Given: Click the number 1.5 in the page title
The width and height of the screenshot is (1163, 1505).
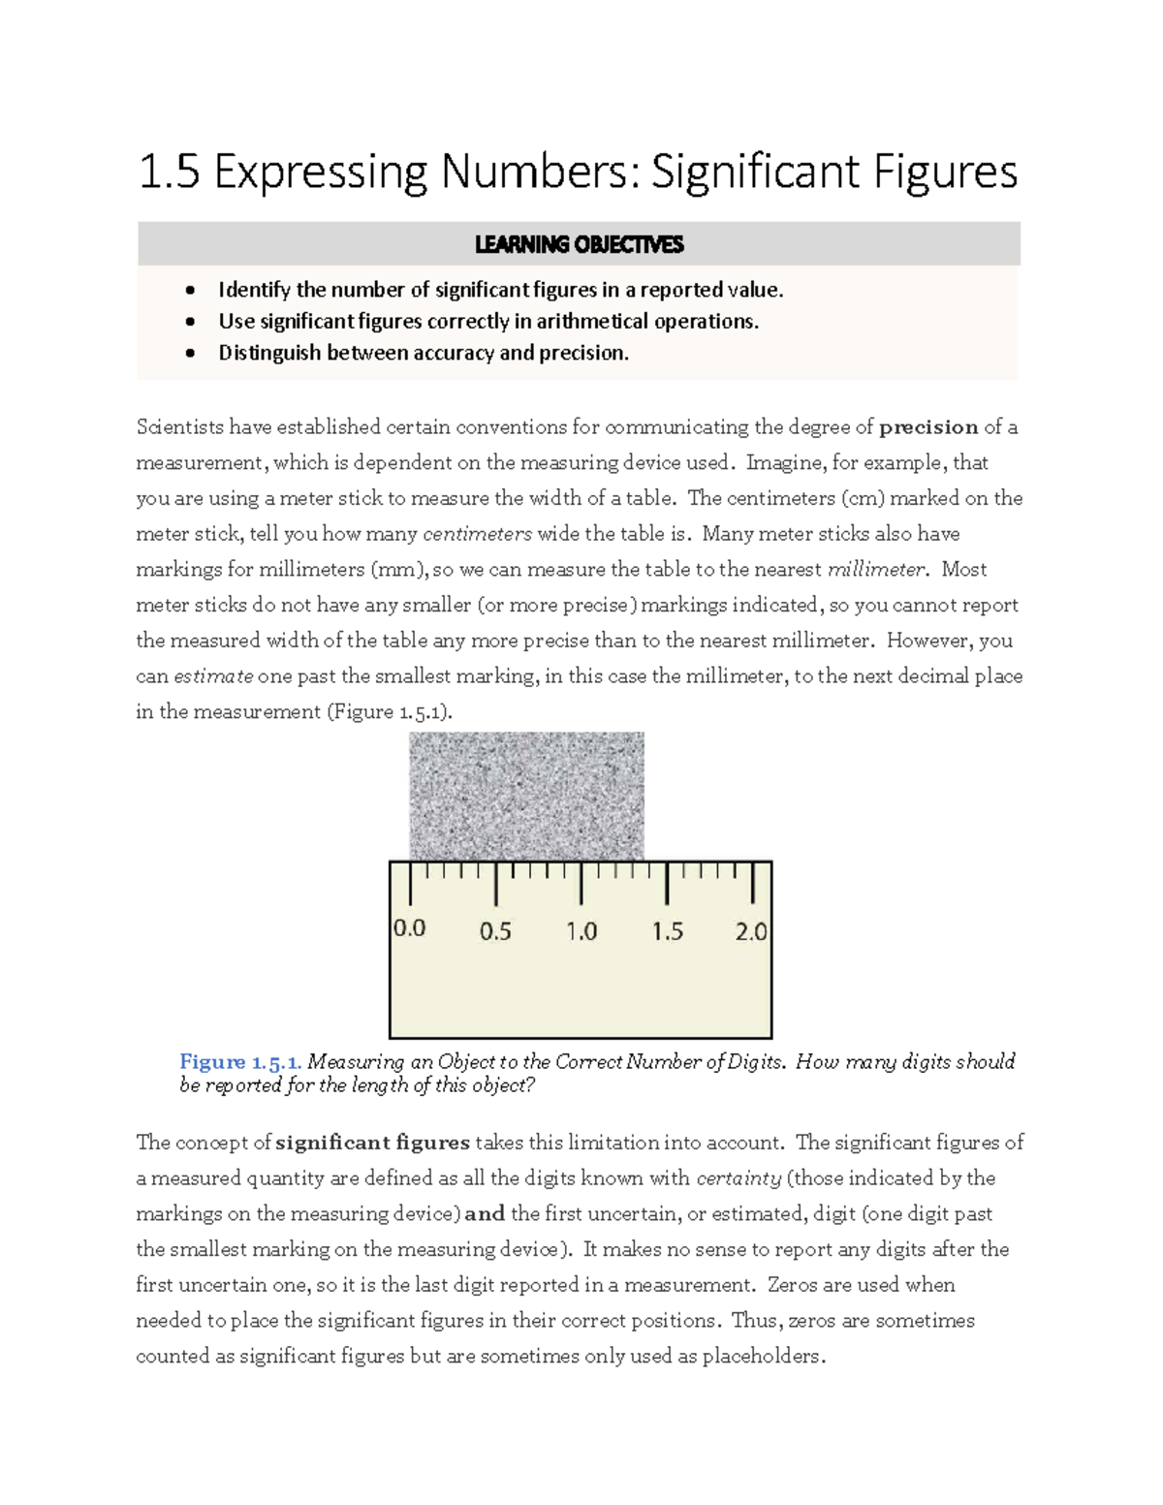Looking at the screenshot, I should coord(170,172).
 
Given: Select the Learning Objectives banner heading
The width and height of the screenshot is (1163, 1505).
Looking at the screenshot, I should coord(579,244).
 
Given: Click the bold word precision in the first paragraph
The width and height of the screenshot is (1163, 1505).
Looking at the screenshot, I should coord(928,427).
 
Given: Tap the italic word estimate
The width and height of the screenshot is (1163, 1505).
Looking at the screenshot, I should coord(213,676).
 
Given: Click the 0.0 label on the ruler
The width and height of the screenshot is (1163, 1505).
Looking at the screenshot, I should coord(409,928).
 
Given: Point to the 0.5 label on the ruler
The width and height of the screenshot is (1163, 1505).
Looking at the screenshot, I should coord(495,932).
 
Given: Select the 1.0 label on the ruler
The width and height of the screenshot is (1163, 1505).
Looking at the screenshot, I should coord(581,932).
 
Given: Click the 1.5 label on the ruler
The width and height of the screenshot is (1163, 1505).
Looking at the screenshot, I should coord(667,932).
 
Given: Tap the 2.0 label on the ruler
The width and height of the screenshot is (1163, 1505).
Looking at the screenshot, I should coord(751,932).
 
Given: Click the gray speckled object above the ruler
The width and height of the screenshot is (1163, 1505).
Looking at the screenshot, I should coord(526,796).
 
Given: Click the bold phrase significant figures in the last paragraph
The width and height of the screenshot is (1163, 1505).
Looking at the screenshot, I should coord(372,1143).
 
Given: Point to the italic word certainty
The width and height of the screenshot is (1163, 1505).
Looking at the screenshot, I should coord(739,1178).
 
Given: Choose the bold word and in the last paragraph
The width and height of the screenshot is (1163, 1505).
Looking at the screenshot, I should coord(485,1214).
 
